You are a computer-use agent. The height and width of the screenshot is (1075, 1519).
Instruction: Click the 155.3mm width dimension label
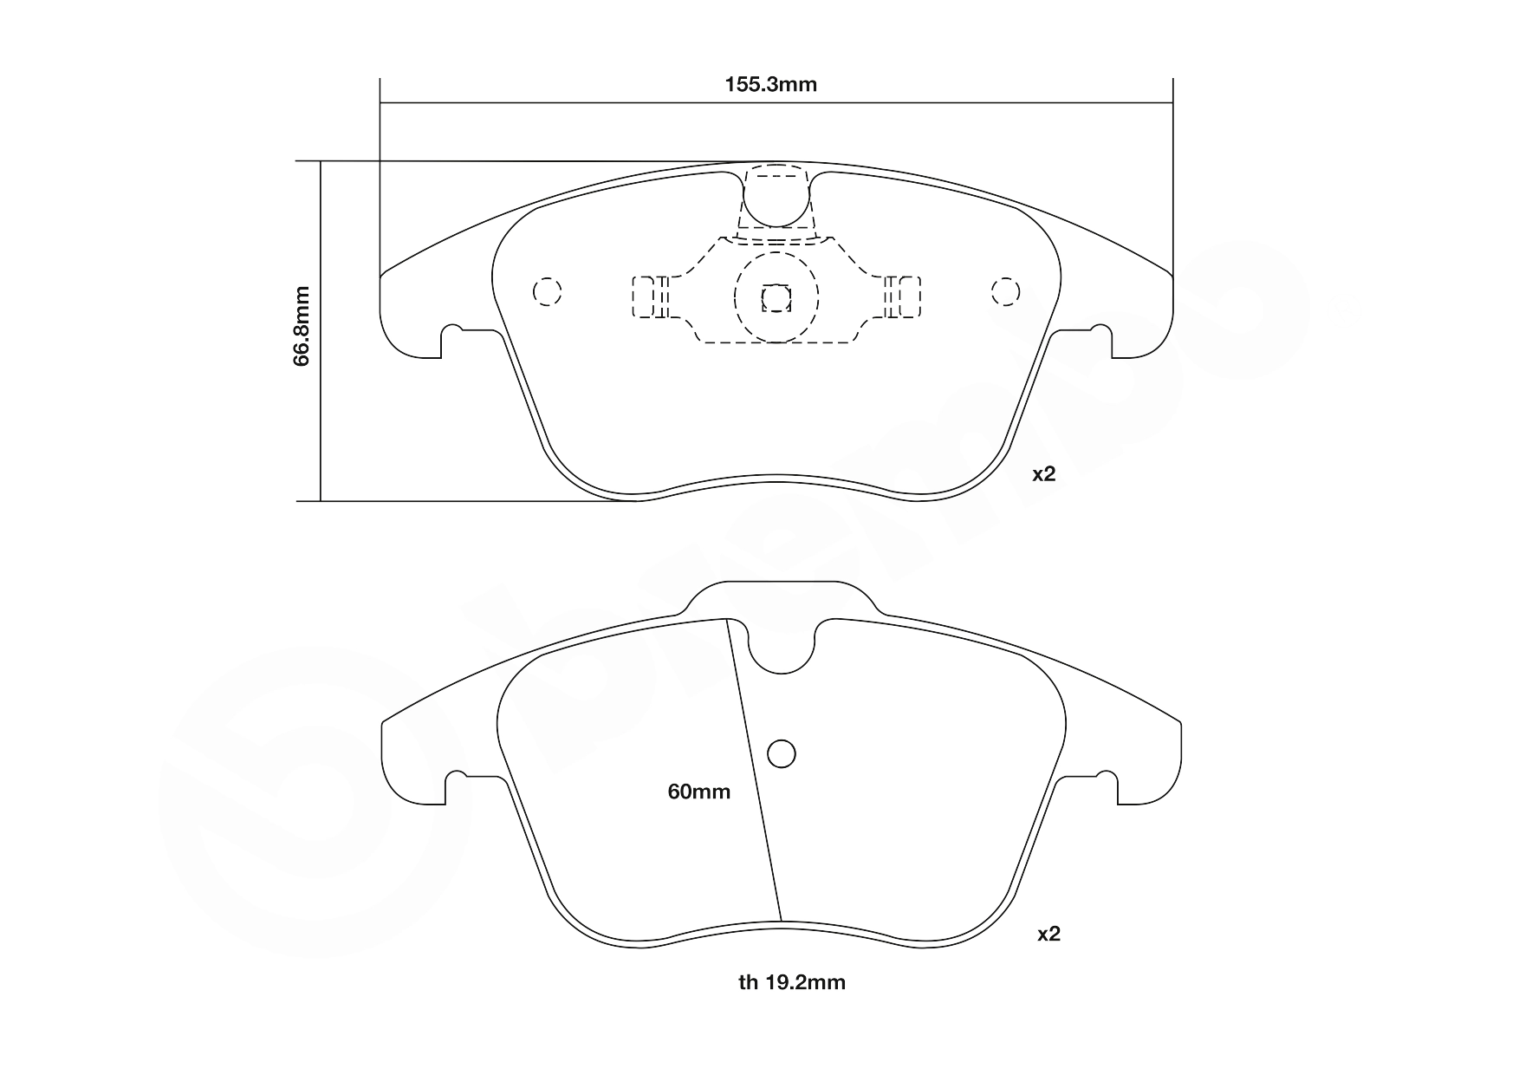tap(770, 85)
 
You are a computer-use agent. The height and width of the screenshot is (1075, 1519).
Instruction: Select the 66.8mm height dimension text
tap(301, 326)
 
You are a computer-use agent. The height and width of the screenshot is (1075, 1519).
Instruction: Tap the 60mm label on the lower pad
tap(699, 792)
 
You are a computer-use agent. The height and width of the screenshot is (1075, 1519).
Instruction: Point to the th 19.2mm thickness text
tap(791, 982)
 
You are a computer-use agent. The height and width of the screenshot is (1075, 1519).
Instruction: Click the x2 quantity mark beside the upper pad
tap(1043, 474)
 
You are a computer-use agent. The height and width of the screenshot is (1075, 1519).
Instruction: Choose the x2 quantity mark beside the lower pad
tap(1048, 934)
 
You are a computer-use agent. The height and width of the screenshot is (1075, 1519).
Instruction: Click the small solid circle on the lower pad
tap(782, 754)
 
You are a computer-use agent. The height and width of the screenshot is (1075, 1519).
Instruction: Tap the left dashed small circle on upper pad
tap(547, 291)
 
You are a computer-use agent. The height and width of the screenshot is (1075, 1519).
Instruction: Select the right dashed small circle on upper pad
tap(1005, 291)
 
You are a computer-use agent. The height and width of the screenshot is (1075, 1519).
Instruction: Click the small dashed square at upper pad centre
tap(776, 299)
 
